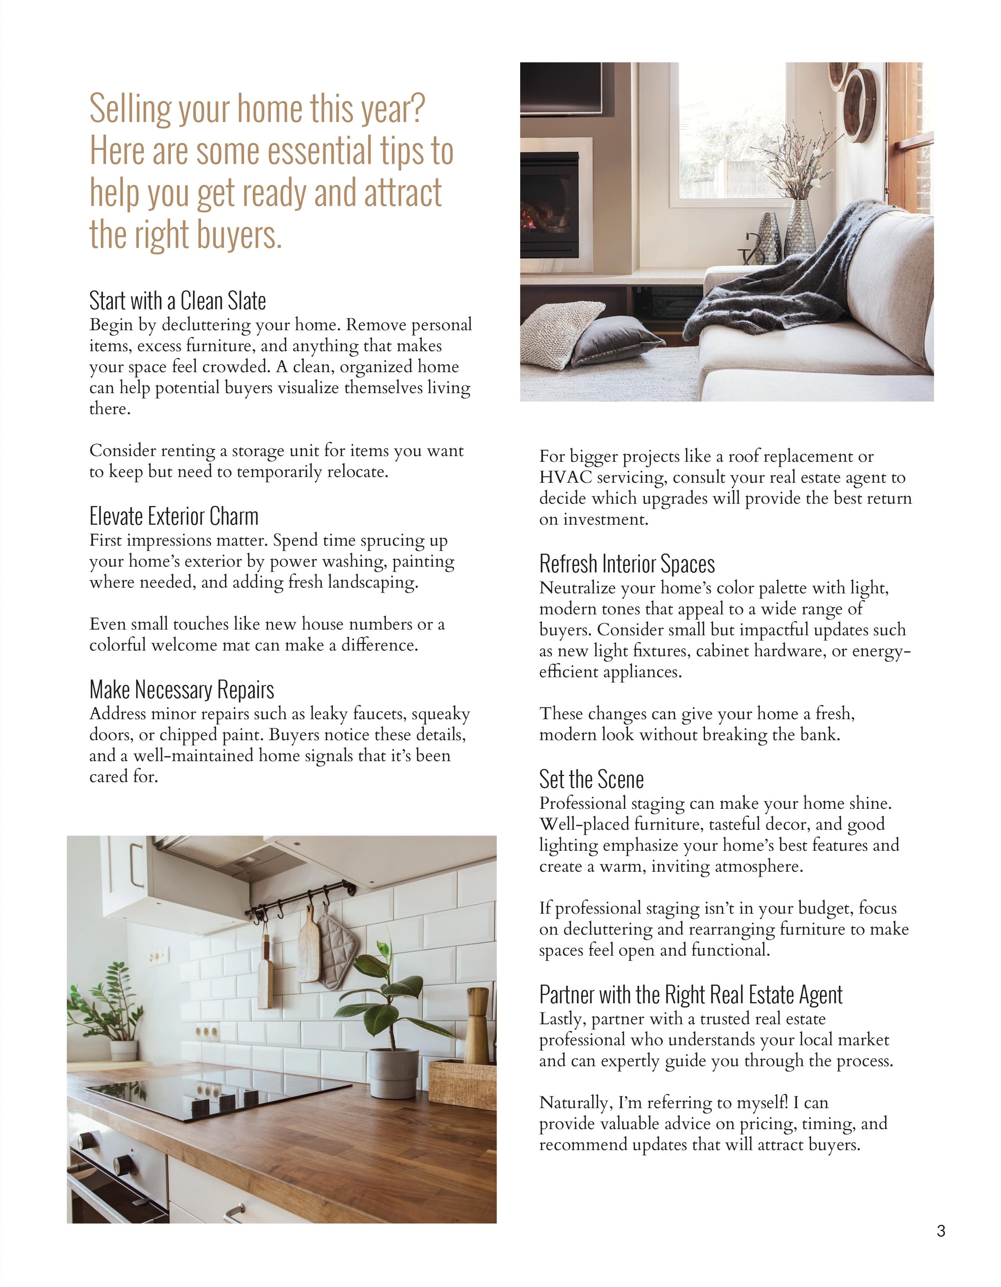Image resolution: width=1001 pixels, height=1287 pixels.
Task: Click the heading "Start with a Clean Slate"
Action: (x=177, y=301)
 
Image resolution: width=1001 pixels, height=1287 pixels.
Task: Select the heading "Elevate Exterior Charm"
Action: (x=174, y=516)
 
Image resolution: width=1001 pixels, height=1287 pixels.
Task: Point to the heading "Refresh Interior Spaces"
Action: (x=627, y=564)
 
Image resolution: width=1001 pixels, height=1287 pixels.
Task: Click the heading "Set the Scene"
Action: (x=591, y=779)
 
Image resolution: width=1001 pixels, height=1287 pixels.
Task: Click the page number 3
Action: (x=940, y=1247)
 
